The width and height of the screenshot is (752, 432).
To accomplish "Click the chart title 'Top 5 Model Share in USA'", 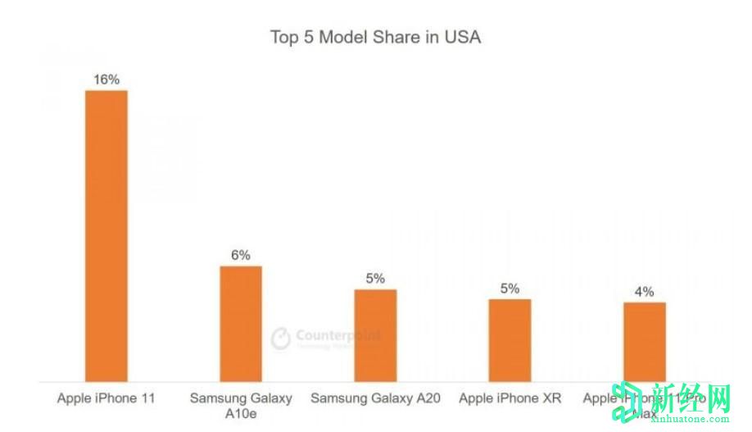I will tap(375, 37).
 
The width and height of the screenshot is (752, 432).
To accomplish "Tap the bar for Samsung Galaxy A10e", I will tap(241, 324).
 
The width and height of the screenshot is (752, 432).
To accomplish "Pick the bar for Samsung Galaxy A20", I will tap(375, 335).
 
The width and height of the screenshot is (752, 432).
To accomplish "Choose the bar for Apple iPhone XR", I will tap(510, 340).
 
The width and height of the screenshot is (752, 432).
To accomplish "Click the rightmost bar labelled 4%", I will tap(644, 342).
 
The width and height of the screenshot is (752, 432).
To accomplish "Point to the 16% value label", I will tap(106, 80).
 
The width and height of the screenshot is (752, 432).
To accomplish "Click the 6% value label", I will tap(241, 255).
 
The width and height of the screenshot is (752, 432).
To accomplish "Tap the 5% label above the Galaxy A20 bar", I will tap(375, 278).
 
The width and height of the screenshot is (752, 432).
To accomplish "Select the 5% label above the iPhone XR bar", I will tap(510, 288).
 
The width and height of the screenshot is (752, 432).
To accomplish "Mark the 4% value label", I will tap(644, 291).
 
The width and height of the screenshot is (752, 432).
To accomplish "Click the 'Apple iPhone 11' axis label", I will tap(106, 399).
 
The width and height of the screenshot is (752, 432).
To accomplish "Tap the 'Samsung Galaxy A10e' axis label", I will tap(241, 406).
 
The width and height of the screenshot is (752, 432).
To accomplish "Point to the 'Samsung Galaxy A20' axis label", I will tap(375, 399).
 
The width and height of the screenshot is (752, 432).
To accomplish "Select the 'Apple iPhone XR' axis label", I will tap(510, 399).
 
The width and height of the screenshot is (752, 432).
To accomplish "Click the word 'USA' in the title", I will tap(463, 37).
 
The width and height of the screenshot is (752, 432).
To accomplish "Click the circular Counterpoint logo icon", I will tap(281, 339).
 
